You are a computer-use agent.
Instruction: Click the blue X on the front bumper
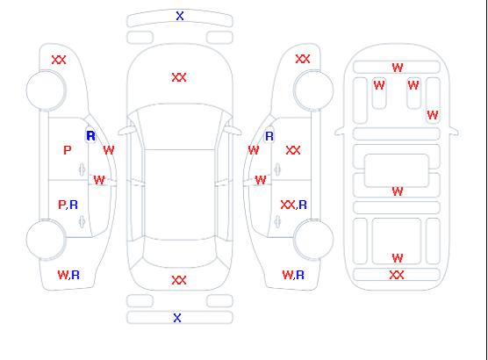pos(180,16)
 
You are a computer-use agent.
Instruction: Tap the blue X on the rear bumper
pos(177,318)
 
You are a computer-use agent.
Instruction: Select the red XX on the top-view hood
pos(179,77)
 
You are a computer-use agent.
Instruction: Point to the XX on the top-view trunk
pos(179,280)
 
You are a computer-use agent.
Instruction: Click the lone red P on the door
pos(67,150)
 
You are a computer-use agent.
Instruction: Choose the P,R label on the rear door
pos(68,205)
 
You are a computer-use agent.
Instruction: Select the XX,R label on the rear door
pos(293,205)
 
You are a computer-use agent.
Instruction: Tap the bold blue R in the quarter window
pos(90,136)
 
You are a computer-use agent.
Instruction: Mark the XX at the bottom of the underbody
pos(397,275)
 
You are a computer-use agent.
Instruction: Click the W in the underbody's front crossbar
pos(398,68)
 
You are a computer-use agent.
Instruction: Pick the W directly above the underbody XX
pos(398,258)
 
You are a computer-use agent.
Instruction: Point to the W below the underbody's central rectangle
pos(398,191)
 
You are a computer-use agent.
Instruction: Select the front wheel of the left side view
pos(46,90)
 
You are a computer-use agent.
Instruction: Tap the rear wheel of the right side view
pos(313,240)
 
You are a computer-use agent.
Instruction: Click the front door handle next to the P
pos(82,169)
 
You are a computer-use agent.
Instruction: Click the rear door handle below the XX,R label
pos(277,222)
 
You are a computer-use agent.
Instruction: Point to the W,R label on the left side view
pos(68,275)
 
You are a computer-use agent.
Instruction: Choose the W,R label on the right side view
pos(293,275)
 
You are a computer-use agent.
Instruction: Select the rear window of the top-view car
pos(180,254)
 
